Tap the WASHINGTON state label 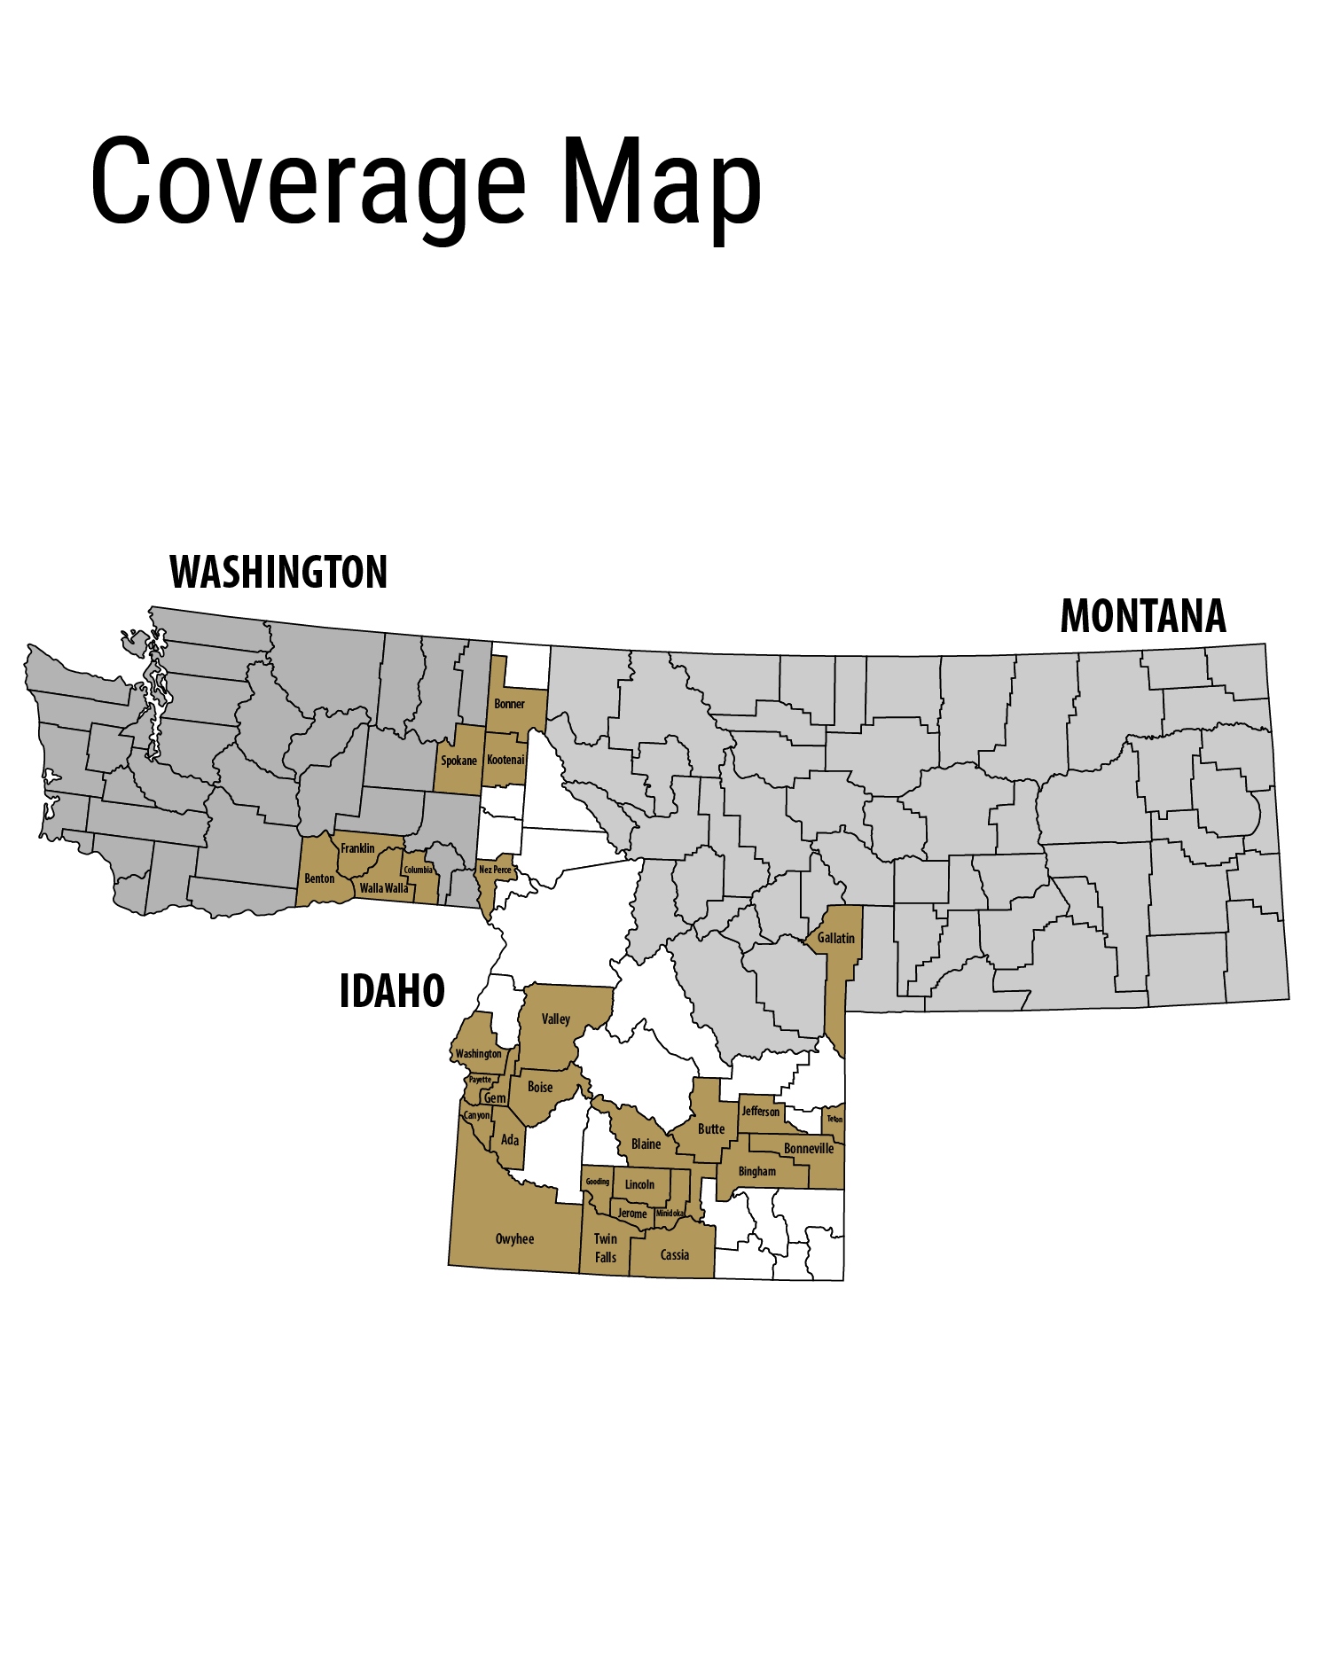[x=278, y=573]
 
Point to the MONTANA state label [x=1142, y=616]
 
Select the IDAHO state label [x=392, y=991]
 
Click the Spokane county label [x=458, y=761]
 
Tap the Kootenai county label [x=505, y=760]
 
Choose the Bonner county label [x=509, y=704]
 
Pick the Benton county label [x=319, y=878]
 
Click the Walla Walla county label [x=384, y=887]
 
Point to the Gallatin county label [x=835, y=938]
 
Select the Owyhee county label [x=514, y=1238]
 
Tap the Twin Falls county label [x=606, y=1248]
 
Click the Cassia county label [x=675, y=1254]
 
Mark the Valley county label [x=556, y=1019]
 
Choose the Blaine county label [x=646, y=1144]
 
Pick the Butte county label [x=711, y=1128]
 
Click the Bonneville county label [x=809, y=1148]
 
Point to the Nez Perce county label [x=495, y=870]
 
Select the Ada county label [x=510, y=1139]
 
